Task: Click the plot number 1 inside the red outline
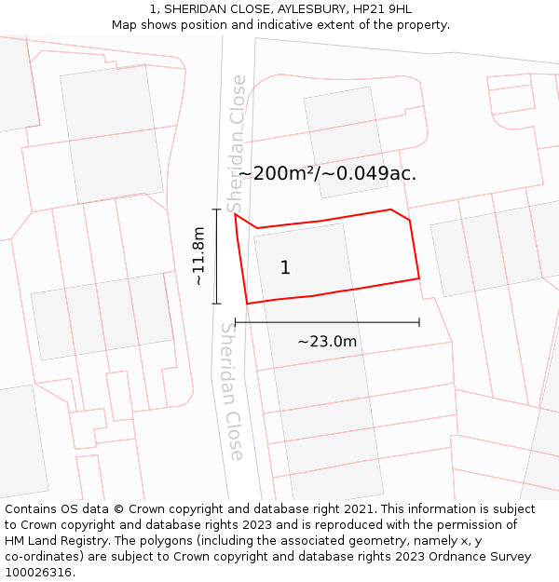pos(285,268)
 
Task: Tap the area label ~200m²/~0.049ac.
pos(327,173)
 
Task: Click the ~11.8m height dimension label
pos(198,256)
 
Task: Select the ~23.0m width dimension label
pos(327,342)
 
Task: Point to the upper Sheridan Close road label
pos(239,143)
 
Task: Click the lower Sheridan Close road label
pos(231,391)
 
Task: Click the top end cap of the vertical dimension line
pos(216,210)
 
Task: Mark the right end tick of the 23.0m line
pos(419,322)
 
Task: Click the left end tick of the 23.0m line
pos(235,322)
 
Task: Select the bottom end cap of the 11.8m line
pos(216,304)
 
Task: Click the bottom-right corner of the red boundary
pos(419,277)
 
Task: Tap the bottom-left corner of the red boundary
pos(247,304)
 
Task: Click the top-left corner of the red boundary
pos(235,214)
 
